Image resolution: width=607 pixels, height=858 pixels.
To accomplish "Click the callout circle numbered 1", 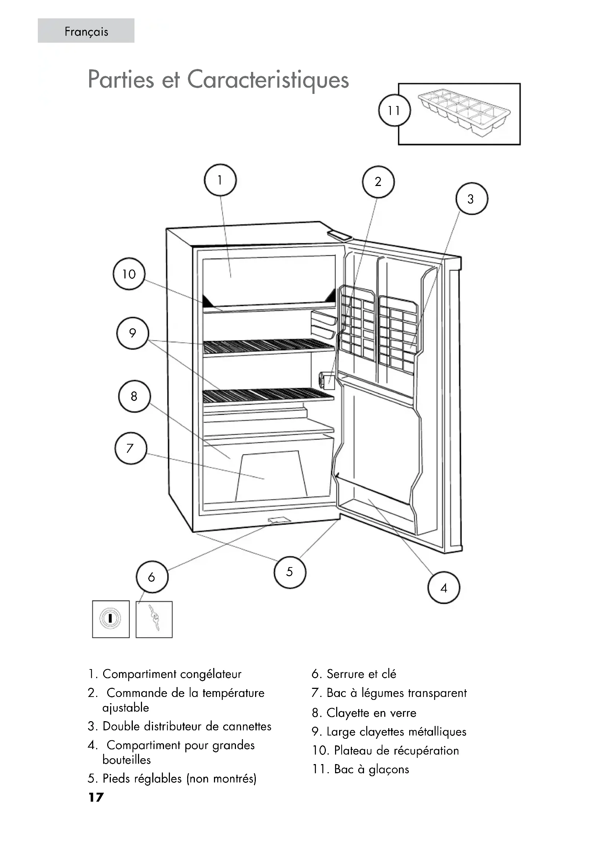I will click(x=220, y=180).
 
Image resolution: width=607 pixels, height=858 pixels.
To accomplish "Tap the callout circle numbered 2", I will click(x=378, y=182).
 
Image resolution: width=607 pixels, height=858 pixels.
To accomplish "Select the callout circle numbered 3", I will click(x=471, y=199).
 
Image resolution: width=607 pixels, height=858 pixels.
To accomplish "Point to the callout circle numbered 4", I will click(x=444, y=588).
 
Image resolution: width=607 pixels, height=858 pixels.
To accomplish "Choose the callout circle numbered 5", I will click(x=290, y=572).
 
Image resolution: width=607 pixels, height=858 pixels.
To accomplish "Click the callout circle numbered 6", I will click(x=152, y=577).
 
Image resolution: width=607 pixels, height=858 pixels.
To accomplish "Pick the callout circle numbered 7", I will click(x=130, y=448).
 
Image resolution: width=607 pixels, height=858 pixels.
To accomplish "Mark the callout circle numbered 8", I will click(x=134, y=397).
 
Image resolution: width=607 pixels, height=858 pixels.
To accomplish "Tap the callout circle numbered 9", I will click(x=133, y=333).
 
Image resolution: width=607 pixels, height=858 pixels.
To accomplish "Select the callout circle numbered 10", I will click(x=129, y=274).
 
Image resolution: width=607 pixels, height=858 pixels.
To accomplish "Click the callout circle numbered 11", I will click(x=394, y=111).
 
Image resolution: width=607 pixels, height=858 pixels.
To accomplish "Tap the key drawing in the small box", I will click(x=154, y=618).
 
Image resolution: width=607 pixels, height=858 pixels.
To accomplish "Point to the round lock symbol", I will click(x=110, y=618).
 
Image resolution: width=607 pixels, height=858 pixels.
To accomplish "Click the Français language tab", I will click(x=86, y=32).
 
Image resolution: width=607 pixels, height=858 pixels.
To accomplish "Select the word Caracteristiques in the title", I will click(x=268, y=80).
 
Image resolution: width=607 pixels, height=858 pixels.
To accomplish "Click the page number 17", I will click(x=96, y=797).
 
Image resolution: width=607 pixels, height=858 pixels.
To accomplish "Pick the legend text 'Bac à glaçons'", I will click(x=371, y=769).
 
